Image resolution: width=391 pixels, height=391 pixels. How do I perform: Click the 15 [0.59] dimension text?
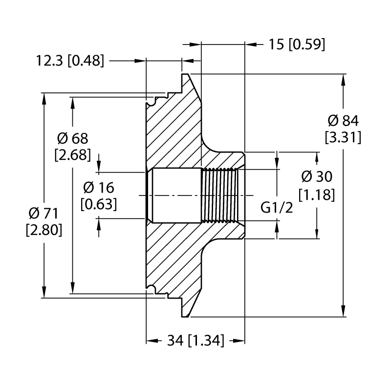click(x=297, y=44)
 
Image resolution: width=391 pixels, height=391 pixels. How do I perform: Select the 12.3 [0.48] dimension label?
click(x=70, y=61)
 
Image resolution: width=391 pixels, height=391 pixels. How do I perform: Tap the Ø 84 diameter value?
click(x=343, y=121)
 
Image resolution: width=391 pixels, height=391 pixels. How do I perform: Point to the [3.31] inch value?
click(x=343, y=137)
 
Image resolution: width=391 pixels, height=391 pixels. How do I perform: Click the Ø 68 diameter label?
click(x=72, y=138)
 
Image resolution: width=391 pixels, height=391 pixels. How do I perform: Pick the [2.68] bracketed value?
click(x=72, y=155)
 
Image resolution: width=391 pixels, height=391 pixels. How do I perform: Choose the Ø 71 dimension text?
click(x=43, y=213)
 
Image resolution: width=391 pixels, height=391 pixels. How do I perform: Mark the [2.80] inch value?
click(x=44, y=230)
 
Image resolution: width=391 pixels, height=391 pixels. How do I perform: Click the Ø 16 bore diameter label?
click(x=99, y=188)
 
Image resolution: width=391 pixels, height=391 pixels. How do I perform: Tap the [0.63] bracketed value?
click(x=99, y=204)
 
